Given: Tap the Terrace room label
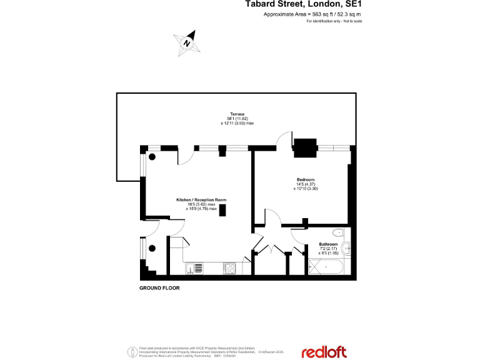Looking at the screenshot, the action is (x=237, y=114).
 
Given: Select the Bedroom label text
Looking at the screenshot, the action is (x=304, y=179).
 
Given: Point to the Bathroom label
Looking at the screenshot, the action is (x=328, y=244).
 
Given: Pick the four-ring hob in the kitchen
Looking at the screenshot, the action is (x=229, y=268).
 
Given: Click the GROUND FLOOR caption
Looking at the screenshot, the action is (x=159, y=288).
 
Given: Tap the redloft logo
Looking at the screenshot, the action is (x=324, y=352).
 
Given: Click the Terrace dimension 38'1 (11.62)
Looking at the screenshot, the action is (x=237, y=119).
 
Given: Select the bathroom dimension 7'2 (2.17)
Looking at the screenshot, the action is (x=328, y=248).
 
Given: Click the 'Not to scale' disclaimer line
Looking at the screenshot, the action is (x=334, y=21).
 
